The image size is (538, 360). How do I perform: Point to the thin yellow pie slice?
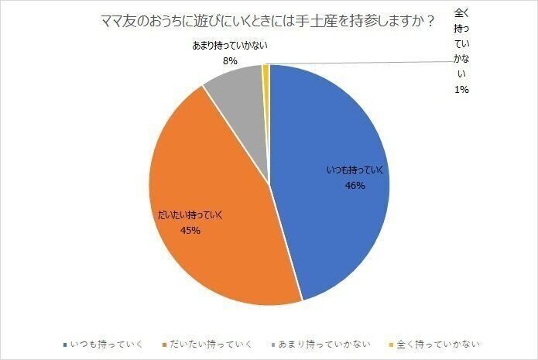tap(266, 70)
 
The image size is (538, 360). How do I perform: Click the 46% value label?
tap(355, 186)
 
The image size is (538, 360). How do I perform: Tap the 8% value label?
tap(230, 59)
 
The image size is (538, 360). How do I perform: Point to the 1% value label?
tap(461, 89)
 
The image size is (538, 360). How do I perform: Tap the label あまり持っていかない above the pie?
tap(230, 46)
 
